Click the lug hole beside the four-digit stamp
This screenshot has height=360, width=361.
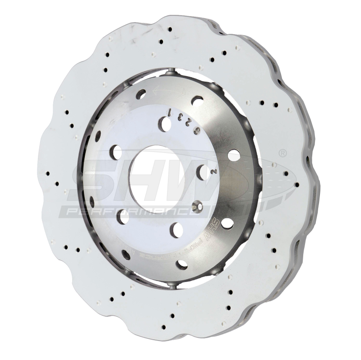pyautogui.click(x=165, y=123)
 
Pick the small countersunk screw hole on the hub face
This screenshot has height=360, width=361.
pyautogui.click(x=195, y=207)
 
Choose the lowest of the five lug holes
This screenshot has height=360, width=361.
pyautogui.click(x=176, y=230)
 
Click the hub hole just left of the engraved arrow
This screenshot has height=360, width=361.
pyautogui.click(x=141, y=94)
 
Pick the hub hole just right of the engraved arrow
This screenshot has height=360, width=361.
pyautogui.click(x=197, y=101)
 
